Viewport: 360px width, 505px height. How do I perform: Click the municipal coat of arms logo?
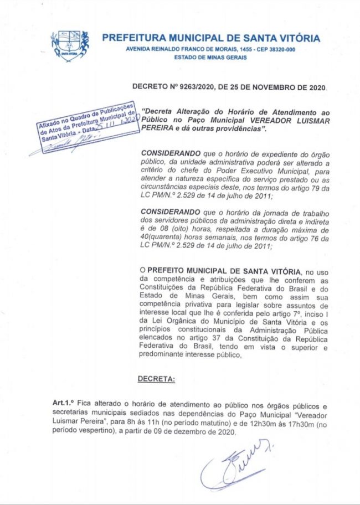(x=70, y=45)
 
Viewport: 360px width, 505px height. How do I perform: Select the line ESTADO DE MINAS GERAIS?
(x=210, y=58)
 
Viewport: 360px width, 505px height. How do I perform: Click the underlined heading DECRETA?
(x=156, y=379)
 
